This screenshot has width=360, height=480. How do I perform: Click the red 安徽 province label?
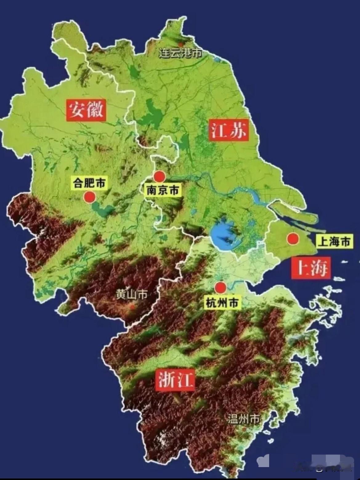[86, 110]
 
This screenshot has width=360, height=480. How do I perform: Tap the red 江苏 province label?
[229, 130]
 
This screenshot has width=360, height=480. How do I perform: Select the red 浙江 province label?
[175, 380]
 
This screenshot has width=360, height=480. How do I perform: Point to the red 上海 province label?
[311, 268]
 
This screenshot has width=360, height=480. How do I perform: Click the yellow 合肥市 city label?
[89, 183]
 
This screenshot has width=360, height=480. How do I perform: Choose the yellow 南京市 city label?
[162, 190]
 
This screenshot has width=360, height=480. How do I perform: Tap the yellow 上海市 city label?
[334, 242]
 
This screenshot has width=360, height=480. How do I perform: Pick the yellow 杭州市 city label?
[222, 303]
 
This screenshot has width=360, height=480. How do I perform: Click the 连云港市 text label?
[180, 54]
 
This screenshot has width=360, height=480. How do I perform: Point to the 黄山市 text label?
[131, 295]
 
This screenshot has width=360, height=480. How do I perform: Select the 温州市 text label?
[244, 418]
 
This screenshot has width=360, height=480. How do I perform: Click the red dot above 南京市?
[160, 177]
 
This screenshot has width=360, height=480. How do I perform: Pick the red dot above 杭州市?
[220, 288]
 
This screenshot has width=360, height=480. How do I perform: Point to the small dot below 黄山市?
[132, 306]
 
